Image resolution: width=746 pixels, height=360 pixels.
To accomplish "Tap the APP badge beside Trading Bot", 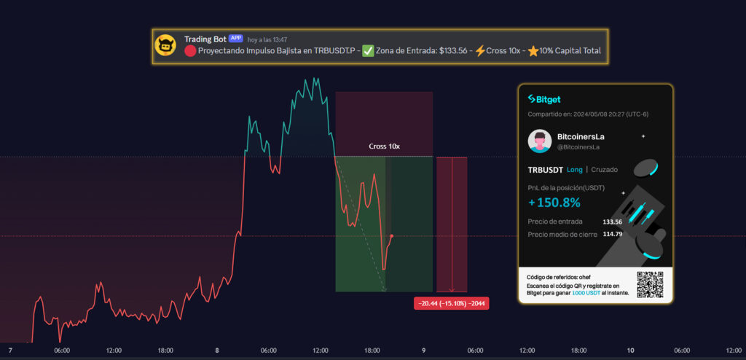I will point(235,38).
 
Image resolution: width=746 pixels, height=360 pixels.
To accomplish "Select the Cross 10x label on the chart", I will point(384,146).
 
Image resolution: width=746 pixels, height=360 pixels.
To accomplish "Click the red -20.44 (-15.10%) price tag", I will point(450,303).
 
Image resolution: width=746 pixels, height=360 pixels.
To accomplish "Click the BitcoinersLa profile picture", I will point(540,141).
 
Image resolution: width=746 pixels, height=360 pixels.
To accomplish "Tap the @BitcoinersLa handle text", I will point(578,146).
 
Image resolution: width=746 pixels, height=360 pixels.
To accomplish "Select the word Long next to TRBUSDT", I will point(575,170).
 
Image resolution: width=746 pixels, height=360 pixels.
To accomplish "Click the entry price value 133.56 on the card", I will point(612,222).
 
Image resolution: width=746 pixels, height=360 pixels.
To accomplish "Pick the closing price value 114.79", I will point(612,234).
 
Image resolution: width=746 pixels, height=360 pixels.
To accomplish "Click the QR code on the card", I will point(650,283).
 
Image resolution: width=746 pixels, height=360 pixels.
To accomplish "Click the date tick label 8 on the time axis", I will point(217,351).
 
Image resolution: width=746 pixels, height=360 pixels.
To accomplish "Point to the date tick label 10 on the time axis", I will point(630,351).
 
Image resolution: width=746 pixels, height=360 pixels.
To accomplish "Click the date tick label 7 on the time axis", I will point(10,351).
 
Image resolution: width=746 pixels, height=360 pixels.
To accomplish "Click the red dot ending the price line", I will point(392,236).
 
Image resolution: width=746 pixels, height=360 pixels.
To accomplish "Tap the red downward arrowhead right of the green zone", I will point(452,289).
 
